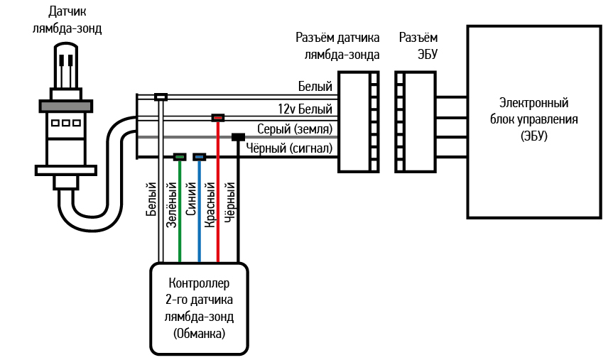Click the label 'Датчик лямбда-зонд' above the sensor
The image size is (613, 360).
tap(67, 21)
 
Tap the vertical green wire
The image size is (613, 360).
tap(180, 213)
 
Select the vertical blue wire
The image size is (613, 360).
tap(200, 213)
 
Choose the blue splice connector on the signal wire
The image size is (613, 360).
tap(200, 156)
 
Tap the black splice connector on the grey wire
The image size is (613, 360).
tap(239, 137)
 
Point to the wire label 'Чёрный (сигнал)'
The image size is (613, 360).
tap(289, 148)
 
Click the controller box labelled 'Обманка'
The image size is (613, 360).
tap(198, 308)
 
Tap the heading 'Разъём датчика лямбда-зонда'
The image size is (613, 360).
tap(337, 45)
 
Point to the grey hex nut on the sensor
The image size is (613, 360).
tap(67, 106)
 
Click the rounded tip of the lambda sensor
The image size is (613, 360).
tap(67, 57)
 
